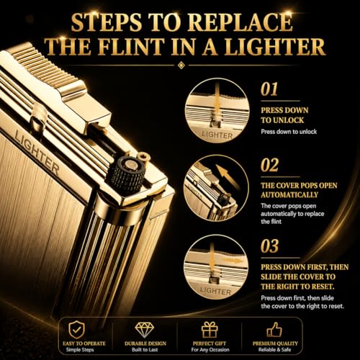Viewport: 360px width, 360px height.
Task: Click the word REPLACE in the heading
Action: point(240,22)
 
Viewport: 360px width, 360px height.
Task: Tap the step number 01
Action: point(269,89)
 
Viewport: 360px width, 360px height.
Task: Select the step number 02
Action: point(270,165)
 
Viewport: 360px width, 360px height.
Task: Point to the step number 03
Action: point(270,246)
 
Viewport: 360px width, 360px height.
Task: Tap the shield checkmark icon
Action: point(77,330)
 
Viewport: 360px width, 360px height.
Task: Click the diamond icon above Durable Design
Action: point(145,330)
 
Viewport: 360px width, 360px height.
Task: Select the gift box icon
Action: point(210,330)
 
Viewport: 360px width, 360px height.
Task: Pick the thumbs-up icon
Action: point(274,329)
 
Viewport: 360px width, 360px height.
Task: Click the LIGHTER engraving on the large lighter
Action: point(37,152)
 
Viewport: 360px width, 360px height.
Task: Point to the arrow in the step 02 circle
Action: point(227,175)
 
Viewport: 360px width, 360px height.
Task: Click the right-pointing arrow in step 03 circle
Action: point(232,261)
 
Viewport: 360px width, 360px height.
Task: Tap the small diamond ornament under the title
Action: point(181,65)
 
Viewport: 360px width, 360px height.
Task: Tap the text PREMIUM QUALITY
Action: point(275,343)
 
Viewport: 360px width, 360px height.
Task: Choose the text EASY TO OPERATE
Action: point(84,343)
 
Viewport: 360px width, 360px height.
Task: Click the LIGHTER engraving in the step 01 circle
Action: point(217,135)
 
